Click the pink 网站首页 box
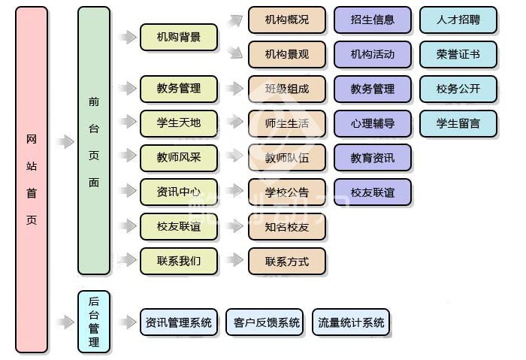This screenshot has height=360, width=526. (x=32, y=180)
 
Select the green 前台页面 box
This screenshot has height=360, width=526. (x=94, y=141)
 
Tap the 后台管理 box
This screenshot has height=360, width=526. (x=94, y=322)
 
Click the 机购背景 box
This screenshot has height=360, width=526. (x=179, y=37)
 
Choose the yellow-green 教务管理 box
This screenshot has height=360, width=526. (x=179, y=89)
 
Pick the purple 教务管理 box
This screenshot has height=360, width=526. (x=373, y=89)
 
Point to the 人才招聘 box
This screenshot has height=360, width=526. (x=458, y=20)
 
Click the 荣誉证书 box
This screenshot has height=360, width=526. (x=458, y=54)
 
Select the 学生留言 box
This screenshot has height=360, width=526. (x=458, y=123)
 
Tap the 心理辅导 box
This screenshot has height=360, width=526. (x=373, y=123)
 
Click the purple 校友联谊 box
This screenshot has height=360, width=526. (x=373, y=192)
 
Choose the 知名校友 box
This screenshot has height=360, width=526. (x=287, y=227)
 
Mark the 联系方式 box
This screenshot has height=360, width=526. (x=287, y=262)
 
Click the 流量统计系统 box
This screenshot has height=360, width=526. (x=351, y=322)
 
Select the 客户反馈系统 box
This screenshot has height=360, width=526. (x=265, y=322)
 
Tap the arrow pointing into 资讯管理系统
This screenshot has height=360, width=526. (x=128, y=322)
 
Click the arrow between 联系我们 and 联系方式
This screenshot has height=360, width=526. (x=234, y=259)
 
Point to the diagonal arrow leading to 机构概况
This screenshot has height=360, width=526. (x=234, y=21)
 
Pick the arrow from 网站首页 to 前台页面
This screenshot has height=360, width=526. (x=65, y=141)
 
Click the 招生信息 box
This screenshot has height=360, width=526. (x=373, y=20)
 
